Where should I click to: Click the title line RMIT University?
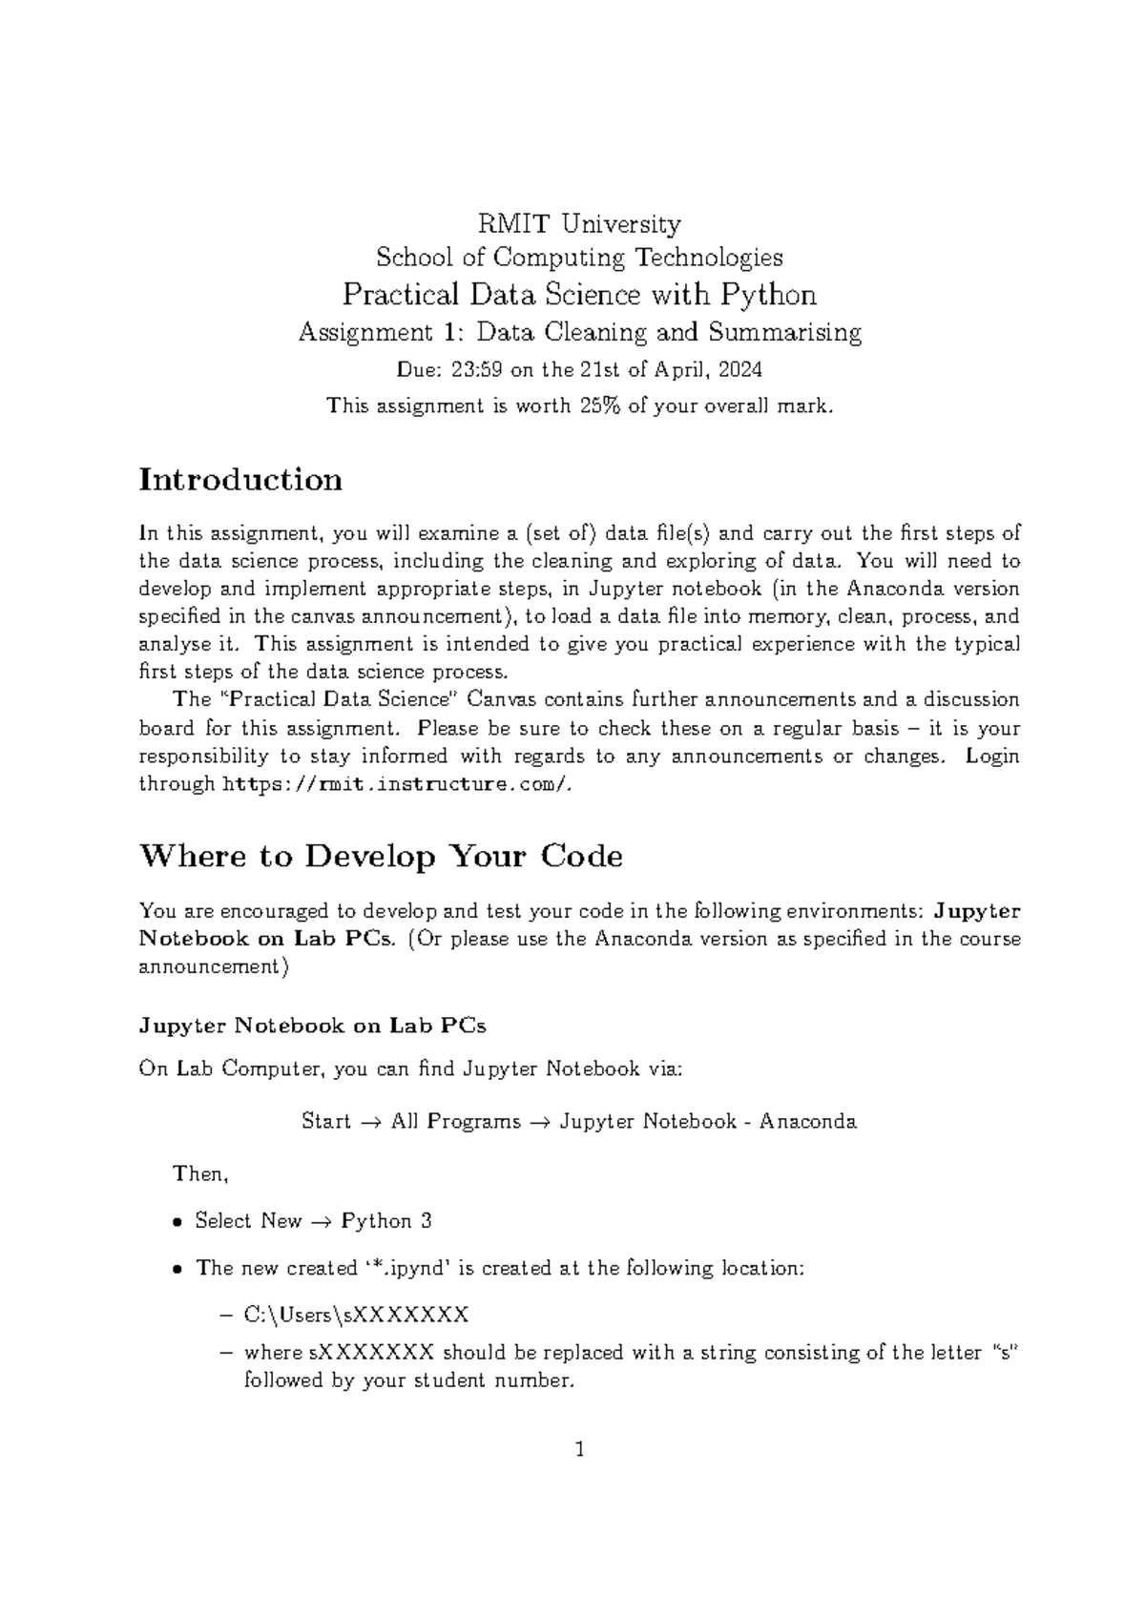(x=579, y=224)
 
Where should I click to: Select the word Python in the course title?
(x=768, y=294)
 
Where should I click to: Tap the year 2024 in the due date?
(x=740, y=369)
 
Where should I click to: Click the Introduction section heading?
(x=240, y=479)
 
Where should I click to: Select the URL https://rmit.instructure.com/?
(x=398, y=784)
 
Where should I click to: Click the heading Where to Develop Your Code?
(x=381, y=856)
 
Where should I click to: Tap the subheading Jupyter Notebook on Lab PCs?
(x=312, y=1027)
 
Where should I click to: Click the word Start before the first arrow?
(x=326, y=1121)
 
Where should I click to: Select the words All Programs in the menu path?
(x=456, y=1121)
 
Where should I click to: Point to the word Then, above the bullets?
(x=200, y=1174)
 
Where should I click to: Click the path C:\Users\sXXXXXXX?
(x=356, y=1316)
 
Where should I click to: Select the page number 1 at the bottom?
(x=578, y=1451)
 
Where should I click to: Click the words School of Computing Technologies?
(x=579, y=258)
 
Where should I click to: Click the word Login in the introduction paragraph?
(x=992, y=757)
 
